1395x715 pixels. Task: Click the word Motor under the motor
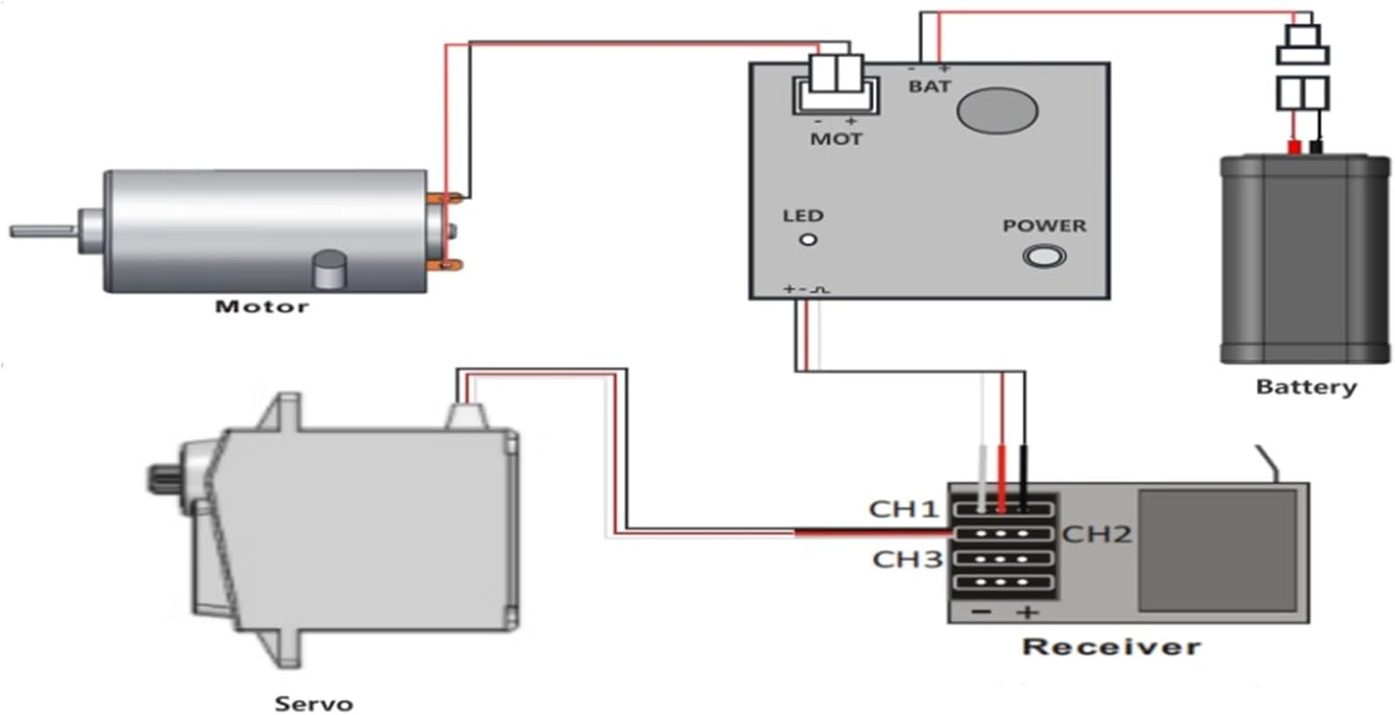261,305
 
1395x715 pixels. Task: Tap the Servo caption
314,703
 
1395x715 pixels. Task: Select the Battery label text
1306,387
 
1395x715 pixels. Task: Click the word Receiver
1111,645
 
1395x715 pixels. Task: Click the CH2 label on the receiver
1097,535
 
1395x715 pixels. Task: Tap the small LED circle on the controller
809,240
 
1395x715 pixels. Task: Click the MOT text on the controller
836,139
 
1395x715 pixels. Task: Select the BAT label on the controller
930,86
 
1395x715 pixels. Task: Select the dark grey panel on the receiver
1217,550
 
